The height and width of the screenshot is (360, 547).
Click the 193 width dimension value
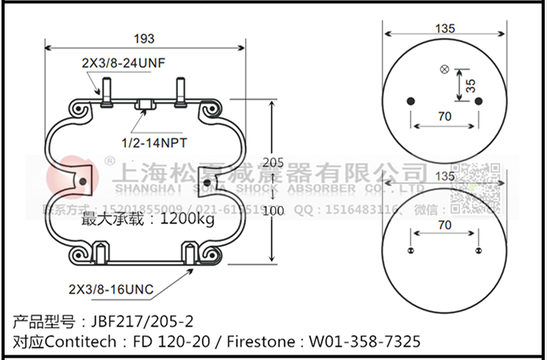tap(143, 38)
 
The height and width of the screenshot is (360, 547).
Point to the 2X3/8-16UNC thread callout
tap(111, 289)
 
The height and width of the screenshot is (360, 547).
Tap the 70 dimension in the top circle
tap(444, 117)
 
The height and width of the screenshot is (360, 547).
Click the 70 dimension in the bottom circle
tap(444, 225)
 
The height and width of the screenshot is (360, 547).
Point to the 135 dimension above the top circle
tap(445, 28)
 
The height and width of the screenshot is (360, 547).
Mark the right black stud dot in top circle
tap(477, 101)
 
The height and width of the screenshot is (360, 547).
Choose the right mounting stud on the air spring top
tap(182, 91)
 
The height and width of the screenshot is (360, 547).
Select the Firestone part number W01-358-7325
tap(365, 340)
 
